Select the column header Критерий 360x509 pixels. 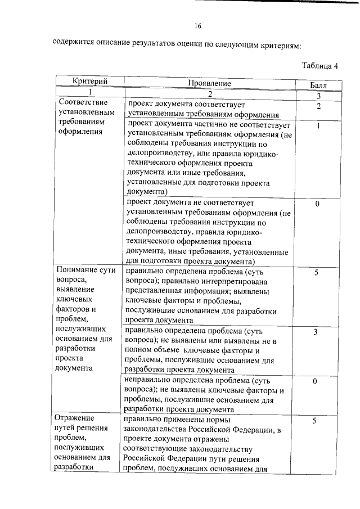click(90, 82)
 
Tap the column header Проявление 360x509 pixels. click(209, 83)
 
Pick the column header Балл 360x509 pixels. click(318, 85)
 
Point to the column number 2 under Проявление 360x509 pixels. click(209, 93)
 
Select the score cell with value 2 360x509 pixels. click(318, 106)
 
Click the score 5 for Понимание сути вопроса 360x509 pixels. click(317, 272)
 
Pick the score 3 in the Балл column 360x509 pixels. click(316, 332)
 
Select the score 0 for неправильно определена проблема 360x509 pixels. click(316, 381)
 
